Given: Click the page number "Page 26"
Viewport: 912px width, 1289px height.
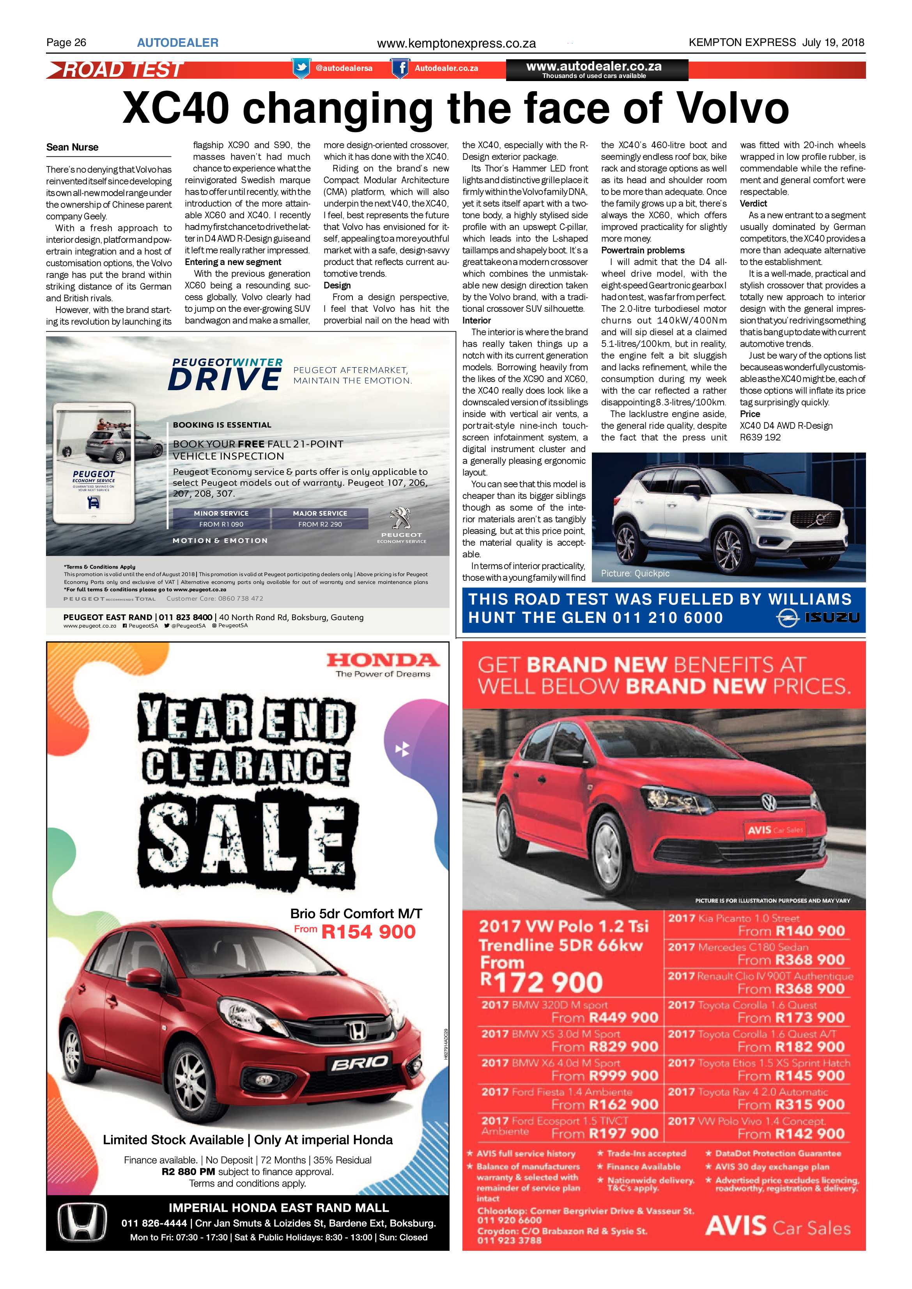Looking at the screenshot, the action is [66, 42].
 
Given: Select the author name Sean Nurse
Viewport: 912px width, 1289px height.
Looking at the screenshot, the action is [73, 147].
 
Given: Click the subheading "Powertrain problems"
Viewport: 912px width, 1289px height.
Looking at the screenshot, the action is [643, 250].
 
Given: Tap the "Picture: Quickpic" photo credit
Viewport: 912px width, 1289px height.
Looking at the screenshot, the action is [635, 573].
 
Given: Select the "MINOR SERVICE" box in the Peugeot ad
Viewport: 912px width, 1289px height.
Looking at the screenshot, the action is [221, 513].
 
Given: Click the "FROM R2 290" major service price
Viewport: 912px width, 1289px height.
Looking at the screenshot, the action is [320, 524].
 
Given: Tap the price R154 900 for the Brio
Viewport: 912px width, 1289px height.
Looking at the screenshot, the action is [368, 932].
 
